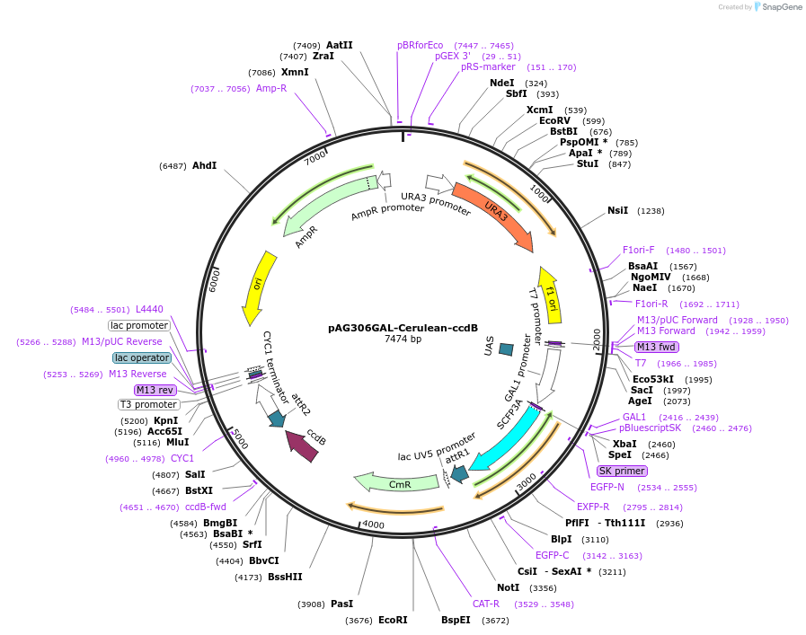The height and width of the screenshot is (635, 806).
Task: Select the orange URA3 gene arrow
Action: coord(492,216)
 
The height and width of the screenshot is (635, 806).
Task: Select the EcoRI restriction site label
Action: coord(393,620)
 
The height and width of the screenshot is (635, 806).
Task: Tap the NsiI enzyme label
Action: coord(617,210)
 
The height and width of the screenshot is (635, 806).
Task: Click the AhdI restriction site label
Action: coord(204,165)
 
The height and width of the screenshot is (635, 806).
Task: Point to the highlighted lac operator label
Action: coord(142,357)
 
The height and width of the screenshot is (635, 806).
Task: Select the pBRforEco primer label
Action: coord(421,45)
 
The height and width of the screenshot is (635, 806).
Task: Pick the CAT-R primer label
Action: coord(486,604)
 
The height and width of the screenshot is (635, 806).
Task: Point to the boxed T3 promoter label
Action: coord(148,404)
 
